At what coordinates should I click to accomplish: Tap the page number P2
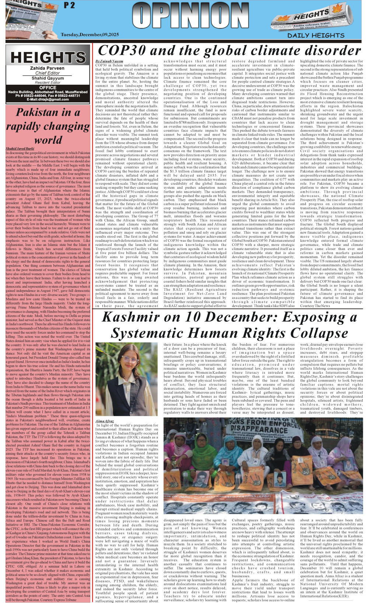click(x=69, y=6)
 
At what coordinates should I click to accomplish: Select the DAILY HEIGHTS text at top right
click(x=316, y=35)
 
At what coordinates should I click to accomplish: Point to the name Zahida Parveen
click(x=48, y=68)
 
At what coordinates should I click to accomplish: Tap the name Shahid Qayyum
click(x=48, y=78)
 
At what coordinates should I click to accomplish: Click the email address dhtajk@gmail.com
click(x=48, y=100)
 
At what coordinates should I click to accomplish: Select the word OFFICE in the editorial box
click(x=48, y=88)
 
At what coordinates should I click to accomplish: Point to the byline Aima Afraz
click(x=105, y=421)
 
